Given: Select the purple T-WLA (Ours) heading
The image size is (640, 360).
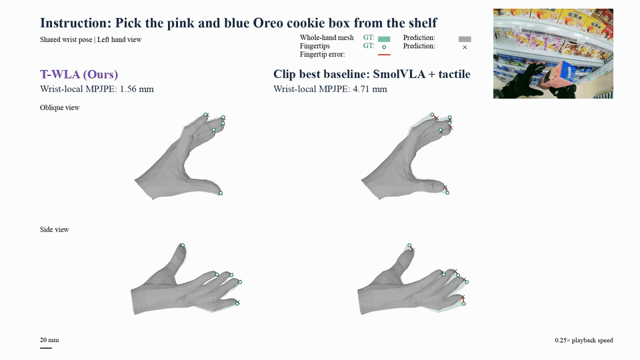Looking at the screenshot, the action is (79, 74).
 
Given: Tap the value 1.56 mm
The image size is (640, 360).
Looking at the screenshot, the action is (137, 89).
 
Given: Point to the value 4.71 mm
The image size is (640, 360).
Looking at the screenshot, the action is (370, 89).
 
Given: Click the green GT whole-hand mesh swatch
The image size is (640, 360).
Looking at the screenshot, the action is (384, 39).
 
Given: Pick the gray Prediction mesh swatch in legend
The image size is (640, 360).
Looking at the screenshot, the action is (465, 39).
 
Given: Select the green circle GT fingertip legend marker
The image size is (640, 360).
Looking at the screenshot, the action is (384, 47).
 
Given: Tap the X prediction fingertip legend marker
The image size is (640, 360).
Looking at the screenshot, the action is (465, 47).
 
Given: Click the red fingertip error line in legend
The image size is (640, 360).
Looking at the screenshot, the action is (384, 55).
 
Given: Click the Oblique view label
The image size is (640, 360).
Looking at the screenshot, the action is (59, 107).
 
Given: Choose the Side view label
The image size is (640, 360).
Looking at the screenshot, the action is (54, 229).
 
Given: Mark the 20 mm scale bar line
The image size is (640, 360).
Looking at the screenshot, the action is (46, 348).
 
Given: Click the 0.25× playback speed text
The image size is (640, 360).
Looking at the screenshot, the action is (584, 340).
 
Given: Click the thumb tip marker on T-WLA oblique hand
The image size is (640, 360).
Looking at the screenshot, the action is (221, 193).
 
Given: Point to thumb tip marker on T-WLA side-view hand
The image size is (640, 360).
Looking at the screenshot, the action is (183, 245).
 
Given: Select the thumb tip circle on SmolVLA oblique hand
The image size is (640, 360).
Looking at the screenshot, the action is (447, 193).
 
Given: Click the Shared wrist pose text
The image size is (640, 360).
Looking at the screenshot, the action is (66, 39).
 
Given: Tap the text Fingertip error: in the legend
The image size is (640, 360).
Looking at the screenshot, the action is (322, 54).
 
